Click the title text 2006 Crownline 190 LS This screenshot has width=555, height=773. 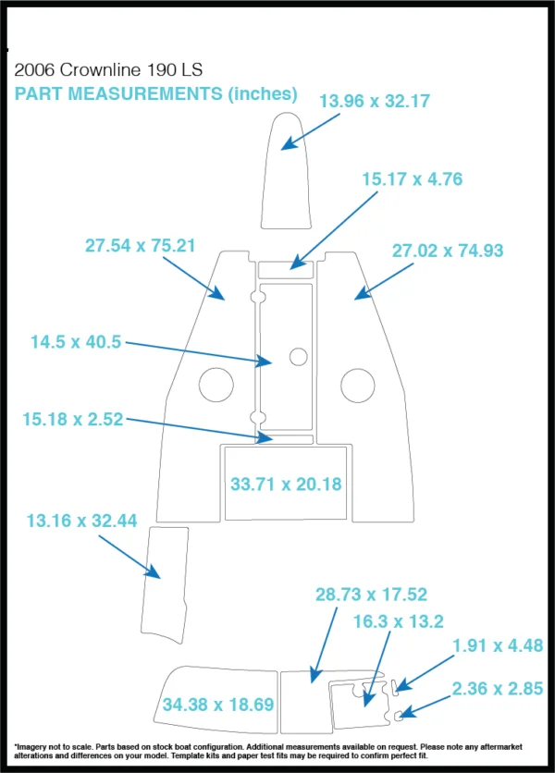pyautogui.click(x=108, y=70)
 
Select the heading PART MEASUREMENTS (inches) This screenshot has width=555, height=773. pyautogui.click(x=156, y=93)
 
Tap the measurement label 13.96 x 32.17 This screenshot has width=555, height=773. pyautogui.click(x=375, y=101)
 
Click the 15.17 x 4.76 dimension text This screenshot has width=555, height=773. pyautogui.click(x=413, y=179)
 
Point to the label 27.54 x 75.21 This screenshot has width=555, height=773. pyautogui.click(x=140, y=246)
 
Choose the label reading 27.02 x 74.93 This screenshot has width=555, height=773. pyautogui.click(x=448, y=251)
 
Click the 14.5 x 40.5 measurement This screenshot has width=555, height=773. pyautogui.click(x=76, y=341)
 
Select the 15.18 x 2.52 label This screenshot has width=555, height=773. pyautogui.click(x=72, y=419)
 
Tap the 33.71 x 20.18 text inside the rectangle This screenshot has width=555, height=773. pyautogui.click(x=286, y=485)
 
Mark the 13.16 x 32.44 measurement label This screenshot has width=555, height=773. pyautogui.click(x=81, y=521)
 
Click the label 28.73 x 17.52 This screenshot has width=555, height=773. pyautogui.click(x=371, y=595)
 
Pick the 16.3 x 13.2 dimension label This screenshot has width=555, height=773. pyautogui.click(x=398, y=621)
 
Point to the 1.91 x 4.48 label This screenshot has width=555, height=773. pyautogui.click(x=498, y=645)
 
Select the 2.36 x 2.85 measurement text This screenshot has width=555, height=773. pyautogui.click(x=498, y=689)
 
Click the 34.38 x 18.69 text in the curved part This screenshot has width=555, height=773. pyautogui.click(x=218, y=705)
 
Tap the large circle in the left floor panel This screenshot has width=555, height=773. pyautogui.click(x=216, y=368)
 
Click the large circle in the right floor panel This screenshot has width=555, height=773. pyautogui.click(x=358, y=368)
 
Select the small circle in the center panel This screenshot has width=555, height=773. pyautogui.click(x=299, y=349)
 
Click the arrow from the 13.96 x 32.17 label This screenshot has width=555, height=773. pyautogui.click(x=310, y=131)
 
